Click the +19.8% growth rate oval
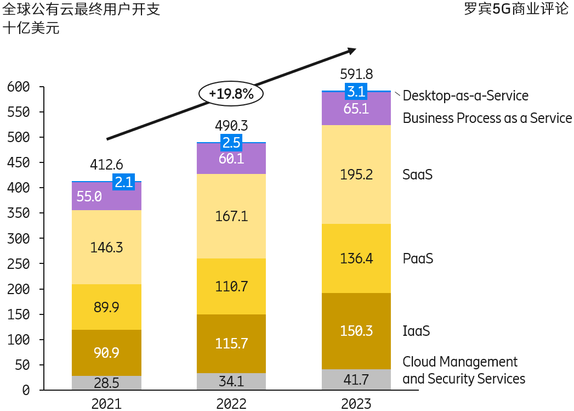tap(231, 94)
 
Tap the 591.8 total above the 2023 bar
tap(356, 74)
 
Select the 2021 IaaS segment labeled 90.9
tap(106, 352)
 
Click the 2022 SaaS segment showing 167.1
tap(231, 216)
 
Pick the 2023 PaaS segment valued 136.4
tap(356, 258)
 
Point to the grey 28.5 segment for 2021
tap(106, 382)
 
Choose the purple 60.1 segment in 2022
tap(231, 159)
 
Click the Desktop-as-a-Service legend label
tap(465, 96)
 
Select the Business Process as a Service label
tap(487, 118)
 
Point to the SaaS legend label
tap(417, 174)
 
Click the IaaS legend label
tap(416, 331)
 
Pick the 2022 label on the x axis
tap(231, 404)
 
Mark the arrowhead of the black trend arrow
tap(350, 50)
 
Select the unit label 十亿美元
tap(31, 29)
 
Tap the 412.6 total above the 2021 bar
tap(106, 164)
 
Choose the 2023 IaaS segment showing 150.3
tap(356, 331)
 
